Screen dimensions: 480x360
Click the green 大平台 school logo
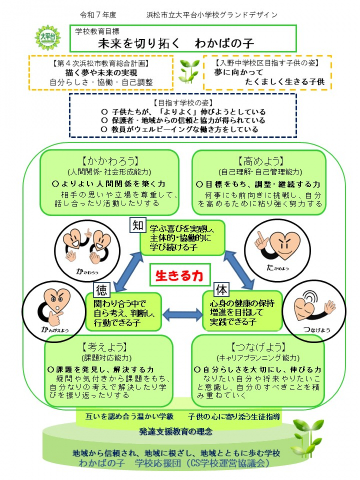point(48,38)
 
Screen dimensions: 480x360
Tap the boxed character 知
point(138,225)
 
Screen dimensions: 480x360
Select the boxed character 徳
point(102,290)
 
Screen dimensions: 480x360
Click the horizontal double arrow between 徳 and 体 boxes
point(183,314)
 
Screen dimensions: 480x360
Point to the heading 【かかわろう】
point(110,161)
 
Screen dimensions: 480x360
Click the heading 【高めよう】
point(260,161)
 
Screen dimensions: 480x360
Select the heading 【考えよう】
point(105,347)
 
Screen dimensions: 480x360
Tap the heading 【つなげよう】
point(258,347)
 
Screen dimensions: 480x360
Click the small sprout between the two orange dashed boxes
point(189,71)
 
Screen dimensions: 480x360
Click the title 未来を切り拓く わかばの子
point(176,43)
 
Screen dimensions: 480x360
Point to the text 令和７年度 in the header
point(98,15)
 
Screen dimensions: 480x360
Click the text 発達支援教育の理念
point(176,431)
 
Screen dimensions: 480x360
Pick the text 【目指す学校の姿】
point(183,103)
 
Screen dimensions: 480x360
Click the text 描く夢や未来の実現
point(101,73)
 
